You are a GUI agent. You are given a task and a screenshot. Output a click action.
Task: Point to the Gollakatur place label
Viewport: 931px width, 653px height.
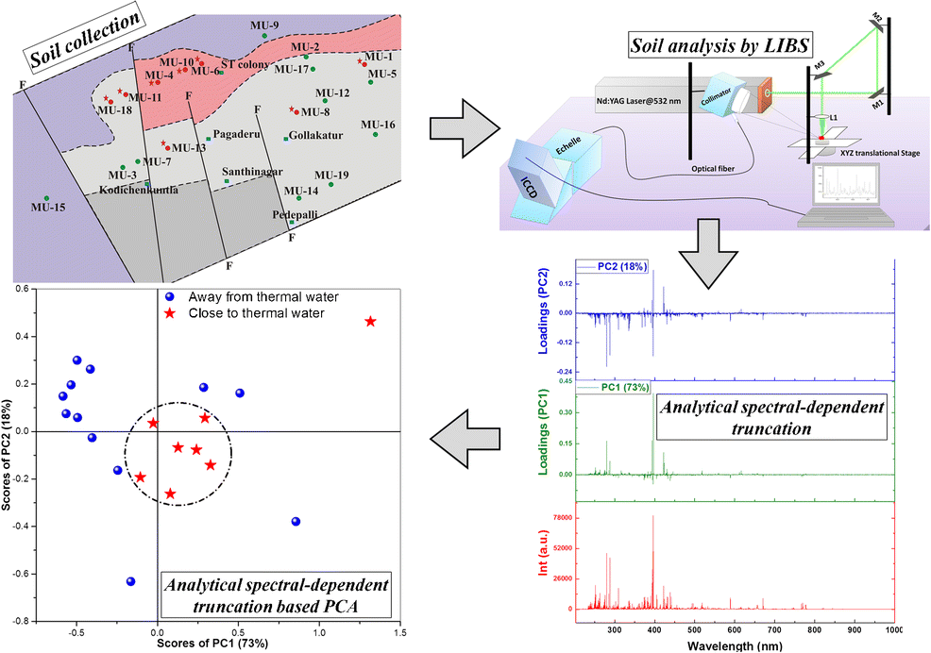[316, 136]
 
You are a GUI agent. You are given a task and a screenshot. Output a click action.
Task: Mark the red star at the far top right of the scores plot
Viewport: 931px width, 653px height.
[370, 322]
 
